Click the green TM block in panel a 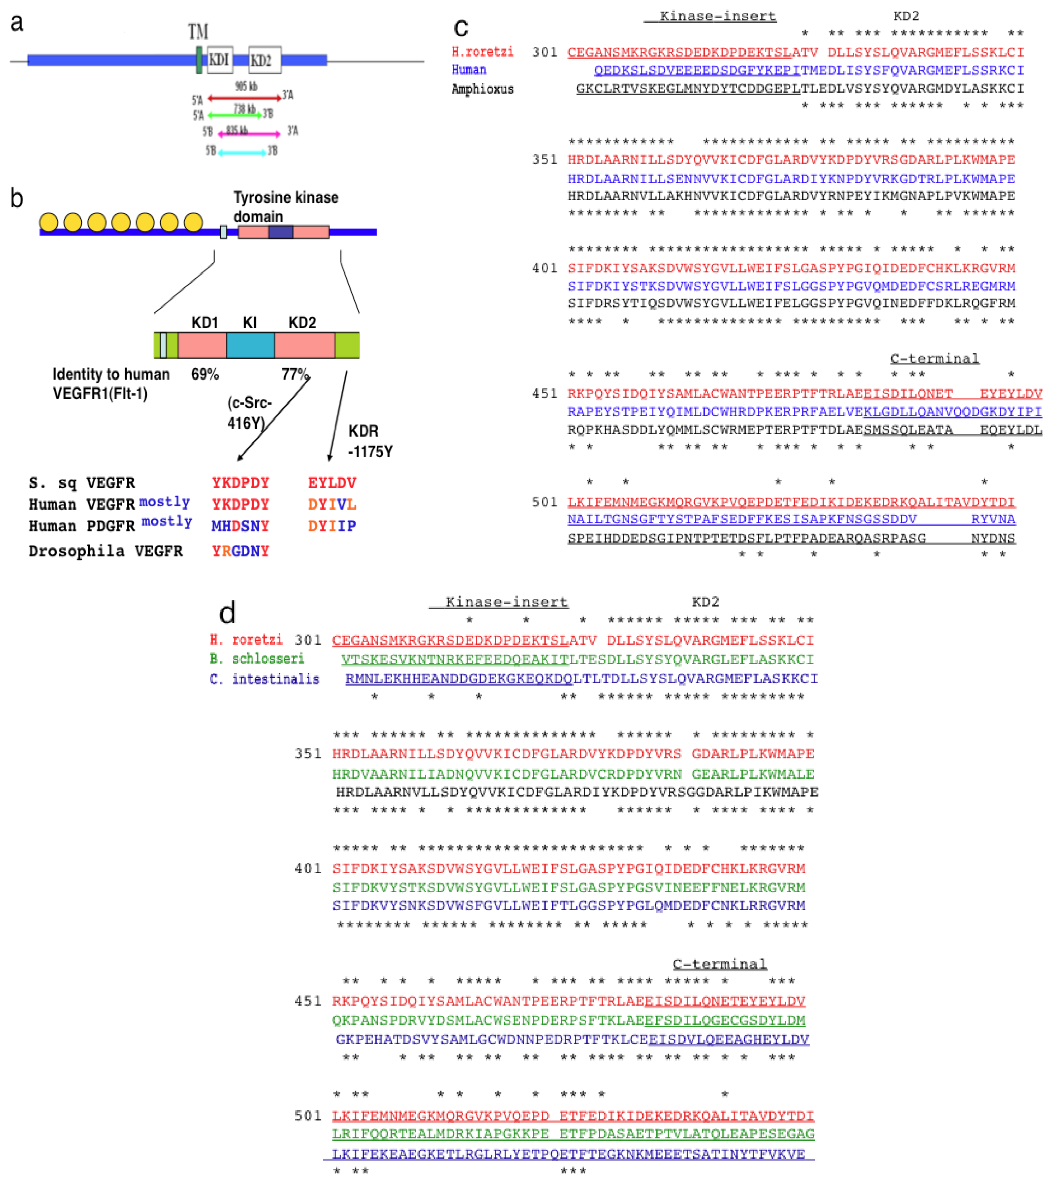[x=199, y=60]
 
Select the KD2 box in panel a [x=264, y=60]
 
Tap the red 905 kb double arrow [x=245, y=98]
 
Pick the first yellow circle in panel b [x=49, y=222]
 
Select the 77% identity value [x=295, y=374]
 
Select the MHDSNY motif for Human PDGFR [x=240, y=526]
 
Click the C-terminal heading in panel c [x=934, y=358]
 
